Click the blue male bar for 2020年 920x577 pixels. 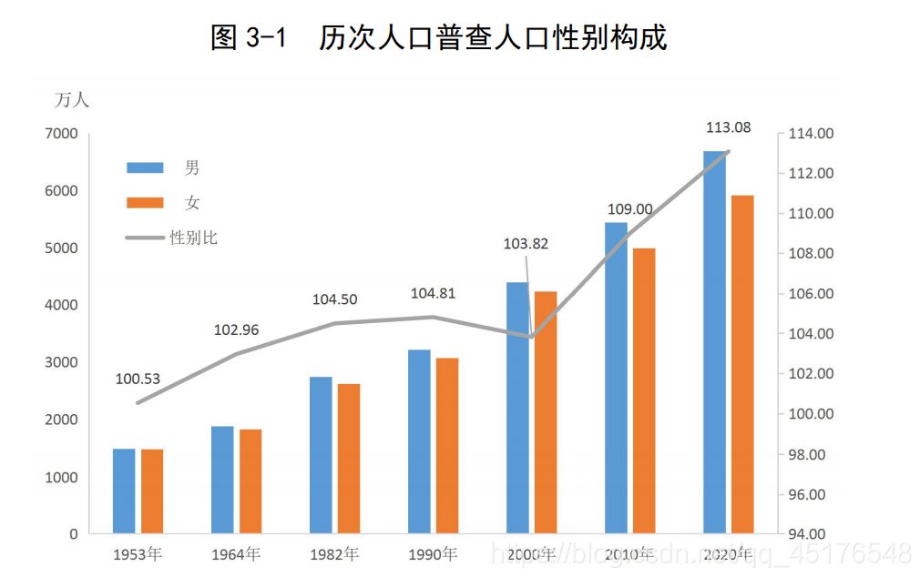click(714, 342)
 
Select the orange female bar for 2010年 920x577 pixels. click(643, 390)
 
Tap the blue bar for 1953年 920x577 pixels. click(124, 491)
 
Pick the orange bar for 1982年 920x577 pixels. click(349, 459)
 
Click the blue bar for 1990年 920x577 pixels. click(419, 441)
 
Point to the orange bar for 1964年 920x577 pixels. click(250, 481)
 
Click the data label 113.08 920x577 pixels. click(729, 127)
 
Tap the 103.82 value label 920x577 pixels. click(526, 244)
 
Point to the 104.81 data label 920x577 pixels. click(433, 294)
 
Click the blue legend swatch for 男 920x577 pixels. click(145, 167)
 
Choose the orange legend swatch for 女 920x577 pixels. click(145, 203)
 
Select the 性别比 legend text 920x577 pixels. click(194, 238)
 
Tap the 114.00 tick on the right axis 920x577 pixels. click(812, 134)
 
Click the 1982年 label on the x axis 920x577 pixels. click(334, 554)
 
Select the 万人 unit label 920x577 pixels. click(72, 100)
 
